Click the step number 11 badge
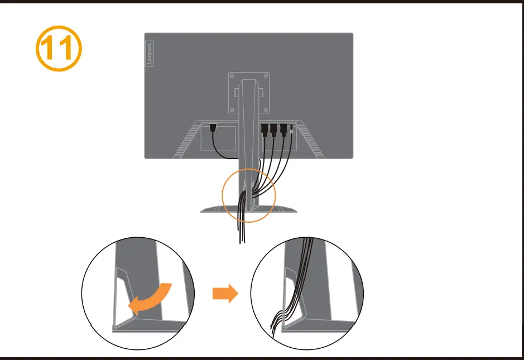pyautogui.click(x=59, y=49)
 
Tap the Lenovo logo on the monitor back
pyautogui.click(x=150, y=54)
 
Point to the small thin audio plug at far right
pyautogui.click(x=292, y=130)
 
